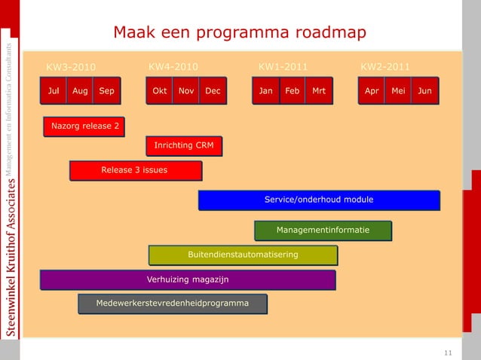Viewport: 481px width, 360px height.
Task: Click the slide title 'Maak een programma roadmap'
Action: (239, 32)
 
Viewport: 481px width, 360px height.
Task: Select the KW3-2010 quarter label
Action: (71, 67)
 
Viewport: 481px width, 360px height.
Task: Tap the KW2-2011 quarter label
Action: (385, 66)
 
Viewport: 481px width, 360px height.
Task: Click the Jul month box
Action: (54, 91)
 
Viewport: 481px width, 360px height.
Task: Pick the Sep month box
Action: (107, 91)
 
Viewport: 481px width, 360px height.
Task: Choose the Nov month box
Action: (186, 91)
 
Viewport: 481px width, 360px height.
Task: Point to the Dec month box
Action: (213, 91)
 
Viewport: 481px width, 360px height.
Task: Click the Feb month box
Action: (292, 91)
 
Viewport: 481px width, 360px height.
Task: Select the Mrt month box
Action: (319, 91)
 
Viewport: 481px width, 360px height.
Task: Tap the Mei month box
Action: (398, 91)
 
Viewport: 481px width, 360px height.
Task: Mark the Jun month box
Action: (425, 91)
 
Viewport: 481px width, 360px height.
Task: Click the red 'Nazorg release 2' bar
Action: (84, 125)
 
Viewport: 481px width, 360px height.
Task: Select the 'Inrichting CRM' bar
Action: (184, 145)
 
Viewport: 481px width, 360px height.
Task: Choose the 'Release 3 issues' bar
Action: (136, 171)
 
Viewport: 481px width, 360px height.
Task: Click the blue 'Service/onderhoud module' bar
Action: (319, 200)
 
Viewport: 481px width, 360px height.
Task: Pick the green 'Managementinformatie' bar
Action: (323, 230)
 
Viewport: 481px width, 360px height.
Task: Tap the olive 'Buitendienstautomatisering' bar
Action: (243, 255)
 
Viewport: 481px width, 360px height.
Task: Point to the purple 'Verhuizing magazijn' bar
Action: (188, 279)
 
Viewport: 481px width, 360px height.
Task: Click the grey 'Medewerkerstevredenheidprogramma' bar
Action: (173, 304)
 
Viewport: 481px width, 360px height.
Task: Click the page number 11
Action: (448, 352)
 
